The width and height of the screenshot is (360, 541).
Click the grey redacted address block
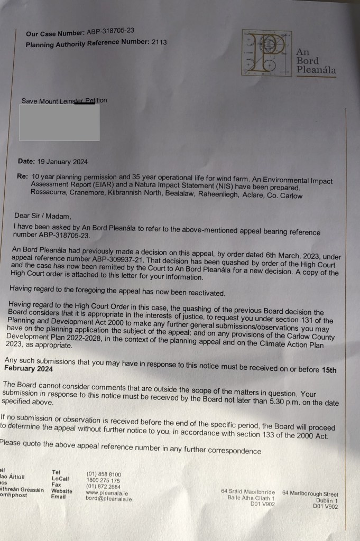[x=59, y=123]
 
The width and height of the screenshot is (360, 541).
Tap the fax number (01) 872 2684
[x=103, y=487]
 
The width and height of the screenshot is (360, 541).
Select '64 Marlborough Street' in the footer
[x=310, y=493]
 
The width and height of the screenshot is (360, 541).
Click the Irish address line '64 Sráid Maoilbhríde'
[x=248, y=492]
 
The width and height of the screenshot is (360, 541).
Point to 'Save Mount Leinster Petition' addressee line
[x=64, y=101]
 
